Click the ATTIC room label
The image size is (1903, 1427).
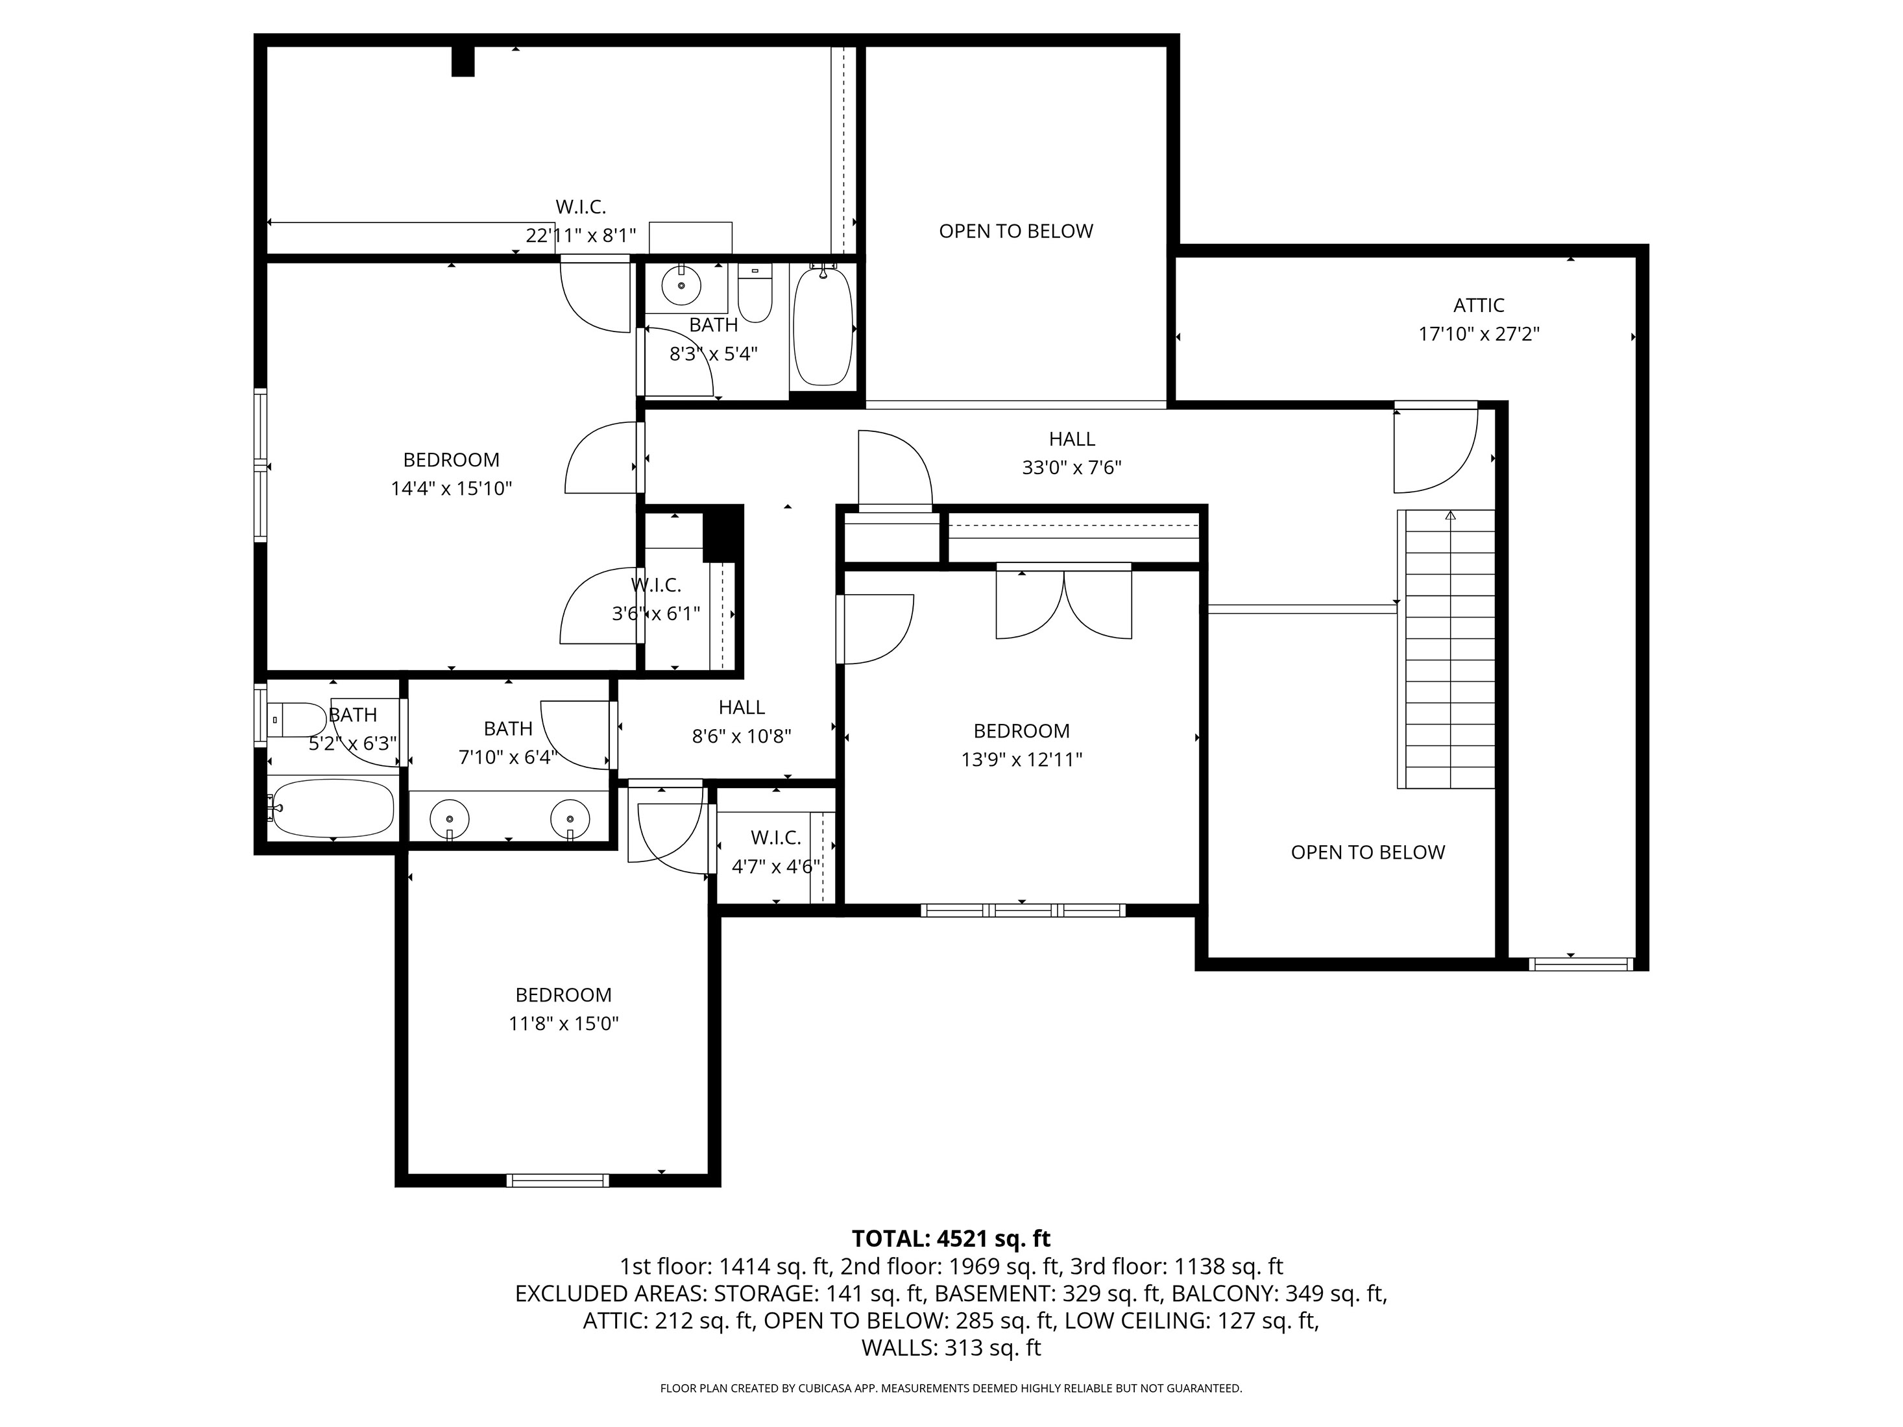tap(1478, 306)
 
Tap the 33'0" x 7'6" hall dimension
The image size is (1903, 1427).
tap(1071, 468)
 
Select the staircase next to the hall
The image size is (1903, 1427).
tap(1446, 649)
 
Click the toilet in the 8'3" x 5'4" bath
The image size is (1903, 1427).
tap(755, 293)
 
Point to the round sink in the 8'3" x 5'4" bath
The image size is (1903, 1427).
tap(681, 284)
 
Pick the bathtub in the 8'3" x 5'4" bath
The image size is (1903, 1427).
tap(823, 326)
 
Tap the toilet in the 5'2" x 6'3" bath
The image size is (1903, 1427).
tap(296, 719)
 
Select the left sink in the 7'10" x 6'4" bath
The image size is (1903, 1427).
tap(449, 815)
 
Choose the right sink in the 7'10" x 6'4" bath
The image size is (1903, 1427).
tap(570, 815)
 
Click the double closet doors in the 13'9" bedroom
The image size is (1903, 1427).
tap(1063, 605)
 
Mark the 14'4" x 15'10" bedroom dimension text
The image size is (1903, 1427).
tap(451, 488)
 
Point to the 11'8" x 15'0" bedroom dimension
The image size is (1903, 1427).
tap(563, 1024)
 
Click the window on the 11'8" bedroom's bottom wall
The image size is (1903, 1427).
tap(557, 1180)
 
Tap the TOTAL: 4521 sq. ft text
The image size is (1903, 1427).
tap(951, 1239)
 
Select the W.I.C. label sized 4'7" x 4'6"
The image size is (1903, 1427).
tap(776, 838)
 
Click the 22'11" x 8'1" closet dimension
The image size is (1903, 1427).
tap(581, 235)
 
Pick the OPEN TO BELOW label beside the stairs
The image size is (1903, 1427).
tap(1368, 852)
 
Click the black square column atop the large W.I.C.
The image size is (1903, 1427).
tap(463, 60)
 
